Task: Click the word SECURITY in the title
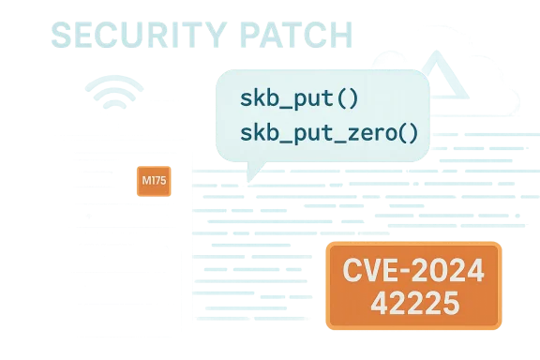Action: (x=130, y=36)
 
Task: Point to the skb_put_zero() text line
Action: (x=328, y=131)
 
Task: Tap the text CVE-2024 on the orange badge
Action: (x=413, y=272)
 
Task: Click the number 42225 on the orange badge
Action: (x=413, y=303)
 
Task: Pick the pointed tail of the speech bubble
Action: (x=249, y=174)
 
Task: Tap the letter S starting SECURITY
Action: (x=63, y=36)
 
